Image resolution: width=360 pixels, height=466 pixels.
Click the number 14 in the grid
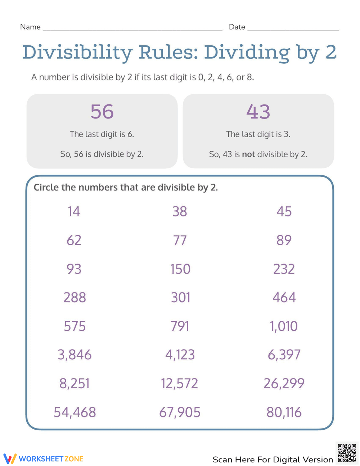tap(74, 211)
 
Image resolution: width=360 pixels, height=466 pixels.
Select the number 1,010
tap(284, 326)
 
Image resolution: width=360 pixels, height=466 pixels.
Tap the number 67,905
tap(180, 412)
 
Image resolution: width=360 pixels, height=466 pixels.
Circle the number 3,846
tap(75, 355)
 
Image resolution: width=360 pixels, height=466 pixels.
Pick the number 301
tap(180, 297)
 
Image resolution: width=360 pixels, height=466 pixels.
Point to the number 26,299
tap(284, 384)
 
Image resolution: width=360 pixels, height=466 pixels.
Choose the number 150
tap(180, 269)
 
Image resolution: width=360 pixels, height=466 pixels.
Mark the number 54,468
tap(75, 412)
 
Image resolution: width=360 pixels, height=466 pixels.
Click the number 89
tap(284, 240)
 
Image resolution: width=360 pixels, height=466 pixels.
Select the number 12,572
tap(180, 384)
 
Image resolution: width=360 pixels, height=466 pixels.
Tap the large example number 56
tap(102, 112)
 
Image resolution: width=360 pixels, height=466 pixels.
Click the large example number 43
tap(258, 112)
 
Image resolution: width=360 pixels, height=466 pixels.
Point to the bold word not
tap(248, 154)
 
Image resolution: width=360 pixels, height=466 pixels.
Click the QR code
tap(347, 453)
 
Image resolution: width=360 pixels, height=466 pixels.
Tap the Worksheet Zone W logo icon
tap(10, 458)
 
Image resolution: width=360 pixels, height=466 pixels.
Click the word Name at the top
tap(30, 27)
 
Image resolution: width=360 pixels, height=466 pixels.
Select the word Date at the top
tap(237, 27)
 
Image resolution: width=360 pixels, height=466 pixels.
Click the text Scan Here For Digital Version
tap(273, 460)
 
